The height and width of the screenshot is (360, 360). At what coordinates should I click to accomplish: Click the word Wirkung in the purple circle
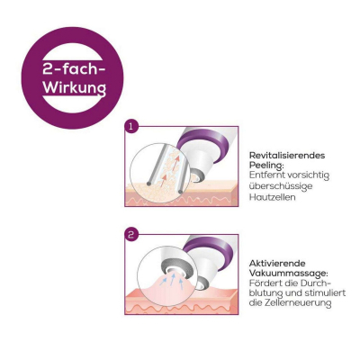(75, 88)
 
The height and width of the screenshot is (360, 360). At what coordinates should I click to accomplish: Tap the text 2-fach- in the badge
(75, 69)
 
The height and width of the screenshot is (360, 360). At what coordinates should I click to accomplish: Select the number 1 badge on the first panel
(130, 127)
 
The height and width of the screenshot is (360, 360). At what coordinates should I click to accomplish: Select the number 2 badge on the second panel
(130, 235)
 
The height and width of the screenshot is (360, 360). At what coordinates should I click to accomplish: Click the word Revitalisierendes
(287, 156)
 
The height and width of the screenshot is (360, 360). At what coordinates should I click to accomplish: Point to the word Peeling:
(266, 166)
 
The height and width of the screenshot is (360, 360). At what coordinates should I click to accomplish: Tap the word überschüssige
(281, 186)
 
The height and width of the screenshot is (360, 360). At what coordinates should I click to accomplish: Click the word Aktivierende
(277, 264)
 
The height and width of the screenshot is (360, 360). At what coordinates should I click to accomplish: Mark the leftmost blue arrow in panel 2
(163, 281)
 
